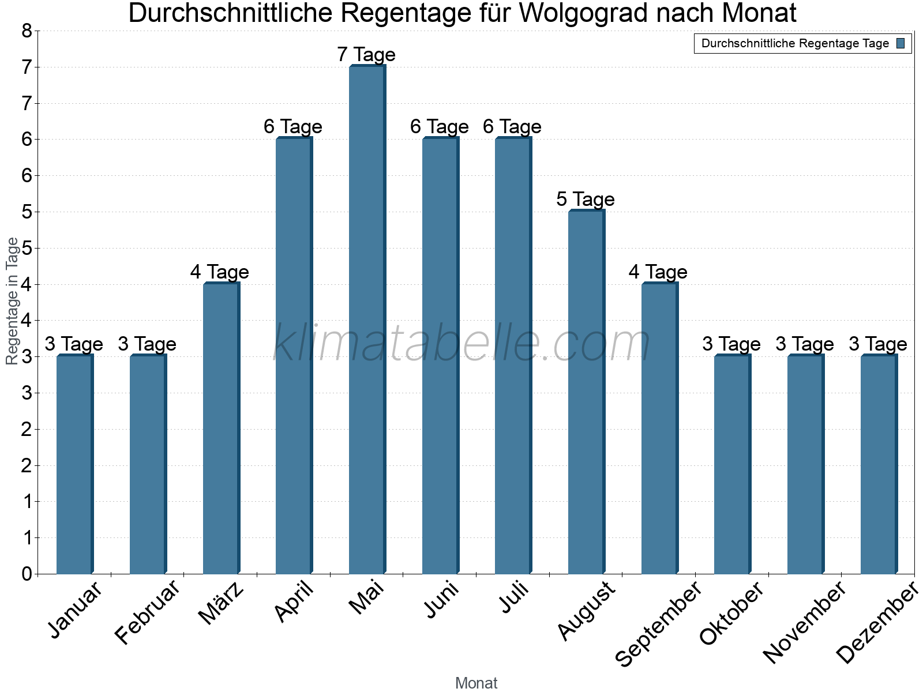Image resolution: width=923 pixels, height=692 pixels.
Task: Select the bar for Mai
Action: (367, 320)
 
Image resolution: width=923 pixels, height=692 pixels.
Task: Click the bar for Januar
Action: (74, 464)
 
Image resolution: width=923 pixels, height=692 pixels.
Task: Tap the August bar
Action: (586, 392)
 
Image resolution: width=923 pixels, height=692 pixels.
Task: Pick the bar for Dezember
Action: (879, 464)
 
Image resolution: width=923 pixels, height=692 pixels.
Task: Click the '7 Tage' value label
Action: (366, 55)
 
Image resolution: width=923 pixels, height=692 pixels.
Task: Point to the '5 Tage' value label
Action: (586, 200)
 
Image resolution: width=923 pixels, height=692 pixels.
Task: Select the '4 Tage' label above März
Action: (220, 272)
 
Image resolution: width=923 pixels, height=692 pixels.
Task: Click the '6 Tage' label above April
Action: (293, 127)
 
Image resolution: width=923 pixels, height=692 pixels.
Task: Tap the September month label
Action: (659, 624)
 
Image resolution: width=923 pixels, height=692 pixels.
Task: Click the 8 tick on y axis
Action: (27, 31)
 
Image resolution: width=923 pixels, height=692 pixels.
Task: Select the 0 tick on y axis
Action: (27, 574)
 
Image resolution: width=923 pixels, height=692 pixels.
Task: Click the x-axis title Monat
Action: (476, 683)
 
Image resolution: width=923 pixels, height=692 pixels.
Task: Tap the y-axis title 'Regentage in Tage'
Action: (12, 301)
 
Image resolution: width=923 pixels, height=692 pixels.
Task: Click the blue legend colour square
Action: (901, 43)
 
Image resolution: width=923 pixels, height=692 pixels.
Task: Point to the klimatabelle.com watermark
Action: (461, 344)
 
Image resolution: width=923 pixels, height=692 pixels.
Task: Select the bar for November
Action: (805, 464)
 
